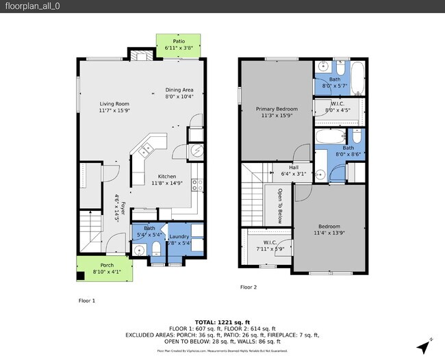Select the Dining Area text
(179, 90)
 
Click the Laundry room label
(179, 236)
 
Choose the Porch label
(107, 266)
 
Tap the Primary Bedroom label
(277, 109)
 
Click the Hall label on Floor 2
(294, 167)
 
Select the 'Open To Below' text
(279, 206)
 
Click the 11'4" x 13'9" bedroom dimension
(329, 233)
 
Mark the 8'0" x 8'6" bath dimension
(348, 154)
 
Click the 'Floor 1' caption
(86, 300)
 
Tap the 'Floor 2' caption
(248, 287)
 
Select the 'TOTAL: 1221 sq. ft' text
(222, 322)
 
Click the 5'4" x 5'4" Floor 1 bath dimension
(149, 235)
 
